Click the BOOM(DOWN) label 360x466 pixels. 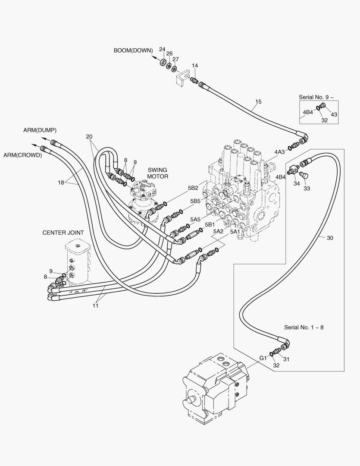133,50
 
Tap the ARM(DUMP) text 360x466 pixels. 40,130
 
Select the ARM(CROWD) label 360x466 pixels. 22,155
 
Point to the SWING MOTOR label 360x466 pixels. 157,173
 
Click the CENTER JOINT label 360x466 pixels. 63,233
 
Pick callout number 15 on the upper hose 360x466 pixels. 258,102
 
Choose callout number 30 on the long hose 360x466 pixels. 330,238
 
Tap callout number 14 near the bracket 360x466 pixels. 195,66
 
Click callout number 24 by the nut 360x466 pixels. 162,49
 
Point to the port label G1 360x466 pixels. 263,358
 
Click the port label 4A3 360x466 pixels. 279,152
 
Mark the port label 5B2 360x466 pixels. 193,188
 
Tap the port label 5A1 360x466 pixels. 235,231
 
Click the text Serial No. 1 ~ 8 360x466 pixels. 304,327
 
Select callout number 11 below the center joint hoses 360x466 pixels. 95,305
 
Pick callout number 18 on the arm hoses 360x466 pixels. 61,183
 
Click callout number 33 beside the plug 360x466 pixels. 307,188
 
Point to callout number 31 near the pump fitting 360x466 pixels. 286,359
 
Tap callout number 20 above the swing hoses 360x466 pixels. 89,137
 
